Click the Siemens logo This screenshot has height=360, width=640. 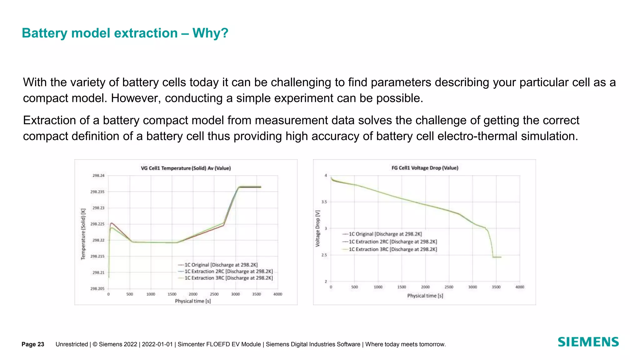[x=588, y=342]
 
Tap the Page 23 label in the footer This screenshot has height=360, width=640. [x=33, y=344]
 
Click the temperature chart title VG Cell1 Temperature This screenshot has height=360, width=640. [x=186, y=168]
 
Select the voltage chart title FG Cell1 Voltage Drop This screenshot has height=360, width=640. [x=425, y=168]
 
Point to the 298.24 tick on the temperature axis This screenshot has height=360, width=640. [x=98, y=176]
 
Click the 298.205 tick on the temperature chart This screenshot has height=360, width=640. [x=97, y=288]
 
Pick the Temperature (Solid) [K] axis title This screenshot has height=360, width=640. [x=83, y=234]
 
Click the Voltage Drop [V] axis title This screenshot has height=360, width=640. [x=318, y=228]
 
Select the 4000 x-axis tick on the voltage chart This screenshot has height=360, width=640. [x=519, y=287]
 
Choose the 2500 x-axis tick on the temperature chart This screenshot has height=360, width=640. [x=214, y=294]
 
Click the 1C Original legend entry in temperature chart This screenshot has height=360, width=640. [x=221, y=265]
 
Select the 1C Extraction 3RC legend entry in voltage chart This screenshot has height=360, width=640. [x=392, y=249]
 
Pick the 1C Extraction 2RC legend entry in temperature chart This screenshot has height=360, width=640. [x=228, y=271]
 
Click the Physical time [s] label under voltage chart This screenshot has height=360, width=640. [x=425, y=296]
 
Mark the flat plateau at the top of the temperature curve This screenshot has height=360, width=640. [x=250, y=187]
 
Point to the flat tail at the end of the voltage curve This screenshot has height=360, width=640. [x=497, y=257]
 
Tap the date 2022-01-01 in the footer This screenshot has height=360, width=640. [x=157, y=344]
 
